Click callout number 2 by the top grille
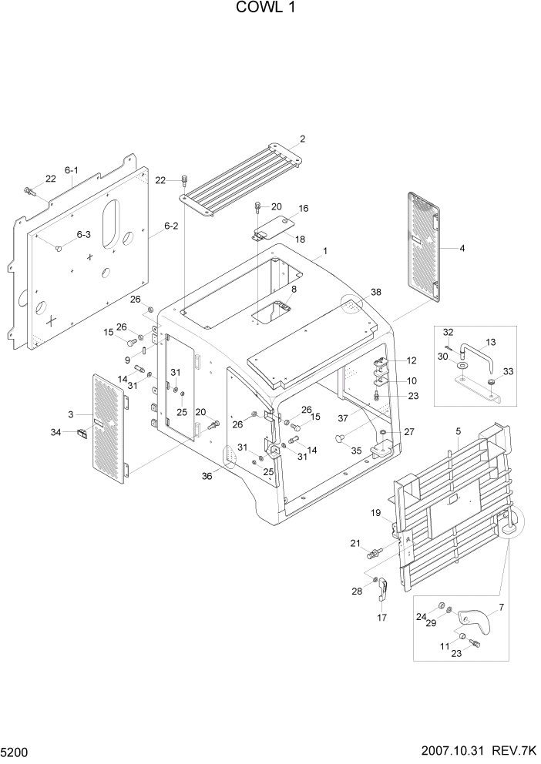pos(303,139)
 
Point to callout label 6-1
pos(72,170)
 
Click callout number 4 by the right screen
pos(462,248)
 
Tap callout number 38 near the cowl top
pos(375,292)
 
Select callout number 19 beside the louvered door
pos(376,513)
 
